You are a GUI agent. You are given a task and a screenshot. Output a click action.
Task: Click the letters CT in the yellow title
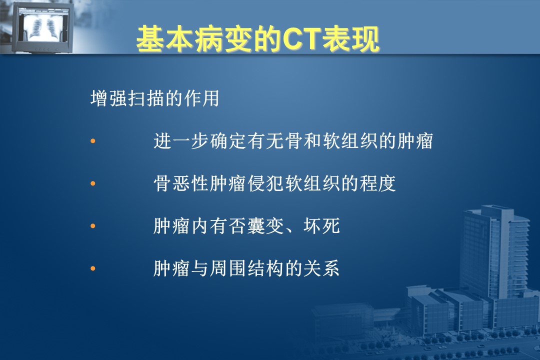coord(302,39)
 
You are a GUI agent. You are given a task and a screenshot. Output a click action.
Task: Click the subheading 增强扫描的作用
coord(154,98)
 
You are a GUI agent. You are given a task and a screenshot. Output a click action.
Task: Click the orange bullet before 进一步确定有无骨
coord(92,141)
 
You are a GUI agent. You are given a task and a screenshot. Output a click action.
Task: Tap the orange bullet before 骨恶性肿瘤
coord(92,183)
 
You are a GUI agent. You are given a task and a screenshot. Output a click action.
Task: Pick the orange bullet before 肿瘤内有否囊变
coord(92,226)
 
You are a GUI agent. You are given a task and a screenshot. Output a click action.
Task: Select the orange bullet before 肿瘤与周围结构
coord(92,268)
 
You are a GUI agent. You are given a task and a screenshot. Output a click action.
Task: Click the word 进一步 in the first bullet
coord(181,141)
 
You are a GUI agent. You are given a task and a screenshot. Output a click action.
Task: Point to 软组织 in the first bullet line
coord(350,141)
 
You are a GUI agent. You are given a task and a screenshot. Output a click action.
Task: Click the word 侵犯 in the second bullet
coord(266,183)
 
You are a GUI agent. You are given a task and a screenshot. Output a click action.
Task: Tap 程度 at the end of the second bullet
coord(378,183)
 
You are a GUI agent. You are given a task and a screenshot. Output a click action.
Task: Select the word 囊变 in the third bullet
coord(266,226)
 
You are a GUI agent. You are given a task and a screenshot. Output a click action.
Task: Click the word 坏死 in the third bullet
coord(322,226)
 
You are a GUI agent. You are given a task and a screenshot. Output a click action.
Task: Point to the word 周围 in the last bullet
coord(228,268)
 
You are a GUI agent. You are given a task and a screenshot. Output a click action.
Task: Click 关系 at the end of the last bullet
coord(322,268)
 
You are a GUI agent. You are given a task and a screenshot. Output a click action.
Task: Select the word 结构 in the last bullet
coord(266,268)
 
